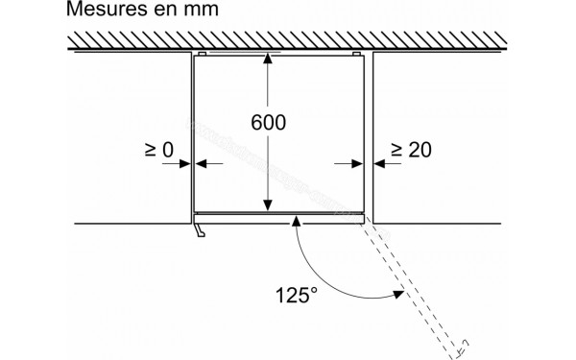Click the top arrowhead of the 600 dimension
pyautogui.click(x=268, y=62)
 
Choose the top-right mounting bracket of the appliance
pyautogui.click(x=358, y=53)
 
